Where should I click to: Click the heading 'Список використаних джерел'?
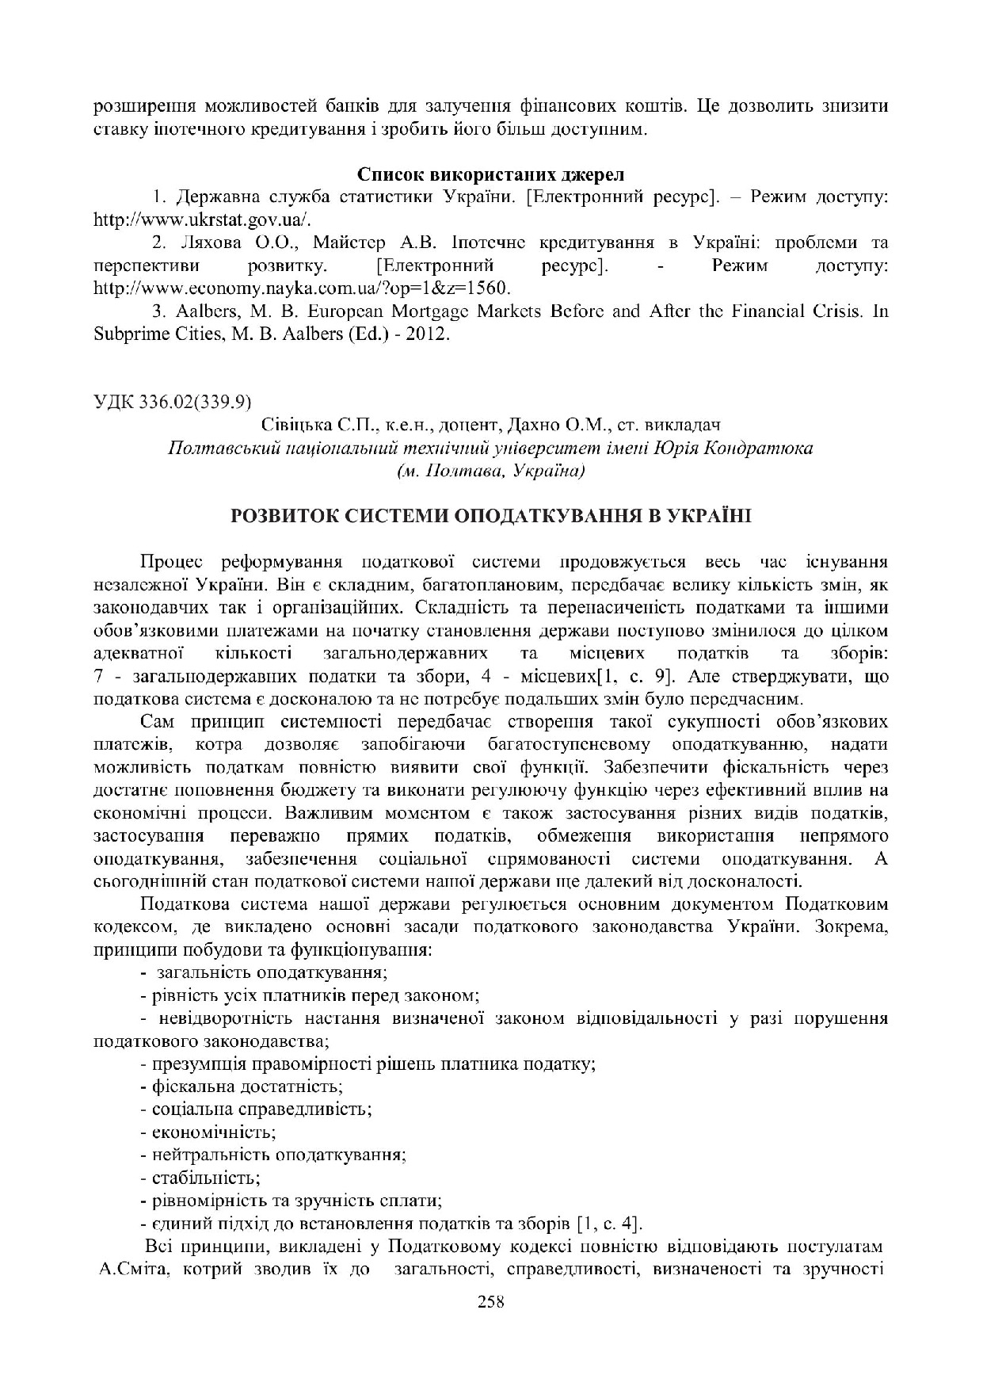tap(491, 174)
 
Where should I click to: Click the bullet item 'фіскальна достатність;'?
tap(247, 1086)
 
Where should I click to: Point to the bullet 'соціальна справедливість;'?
tap(262, 1109)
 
